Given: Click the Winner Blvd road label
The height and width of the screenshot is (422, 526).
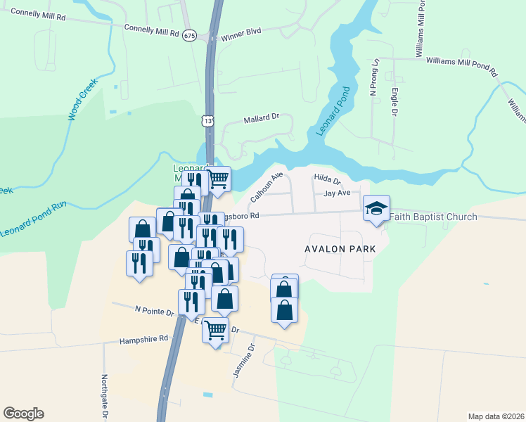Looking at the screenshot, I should pyautogui.click(x=240, y=33).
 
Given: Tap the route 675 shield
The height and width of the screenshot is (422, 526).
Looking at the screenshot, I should pyautogui.click(x=188, y=35).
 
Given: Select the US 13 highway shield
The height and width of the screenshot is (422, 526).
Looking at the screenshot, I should pyautogui.click(x=207, y=121).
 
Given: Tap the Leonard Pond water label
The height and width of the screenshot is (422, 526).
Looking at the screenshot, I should pyautogui.click(x=333, y=111).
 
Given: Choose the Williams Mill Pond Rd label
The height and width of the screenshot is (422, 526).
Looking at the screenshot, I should pyautogui.click(x=461, y=66).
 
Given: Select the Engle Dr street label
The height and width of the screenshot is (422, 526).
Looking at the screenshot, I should pyautogui.click(x=394, y=103).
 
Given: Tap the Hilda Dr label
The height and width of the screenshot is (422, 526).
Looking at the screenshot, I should pyautogui.click(x=327, y=179).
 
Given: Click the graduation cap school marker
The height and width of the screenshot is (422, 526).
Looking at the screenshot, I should pyautogui.click(x=376, y=208).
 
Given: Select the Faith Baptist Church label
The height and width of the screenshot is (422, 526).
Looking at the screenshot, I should pyautogui.click(x=433, y=217).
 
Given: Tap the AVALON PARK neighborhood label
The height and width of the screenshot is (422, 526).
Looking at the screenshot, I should pyautogui.click(x=336, y=249).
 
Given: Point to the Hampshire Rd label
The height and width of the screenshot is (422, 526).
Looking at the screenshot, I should pyautogui.click(x=144, y=338).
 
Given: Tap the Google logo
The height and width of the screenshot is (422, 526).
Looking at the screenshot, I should pyautogui.click(x=23, y=414).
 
